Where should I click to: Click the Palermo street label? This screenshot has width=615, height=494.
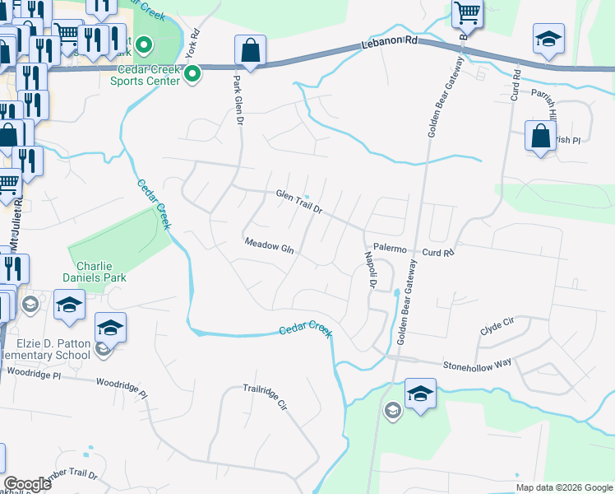(x=391, y=248)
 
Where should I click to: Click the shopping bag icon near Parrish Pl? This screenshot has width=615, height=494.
(x=540, y=136)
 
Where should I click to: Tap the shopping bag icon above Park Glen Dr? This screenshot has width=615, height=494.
(x=250, y=51)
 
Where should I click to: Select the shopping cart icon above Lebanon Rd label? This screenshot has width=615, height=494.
(x=467, y=13)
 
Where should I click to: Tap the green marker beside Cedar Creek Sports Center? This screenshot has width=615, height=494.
(x=192, y=76)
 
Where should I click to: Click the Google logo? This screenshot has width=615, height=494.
(x=27, y=484)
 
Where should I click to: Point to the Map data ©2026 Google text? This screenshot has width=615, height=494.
(x=563, y=487)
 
